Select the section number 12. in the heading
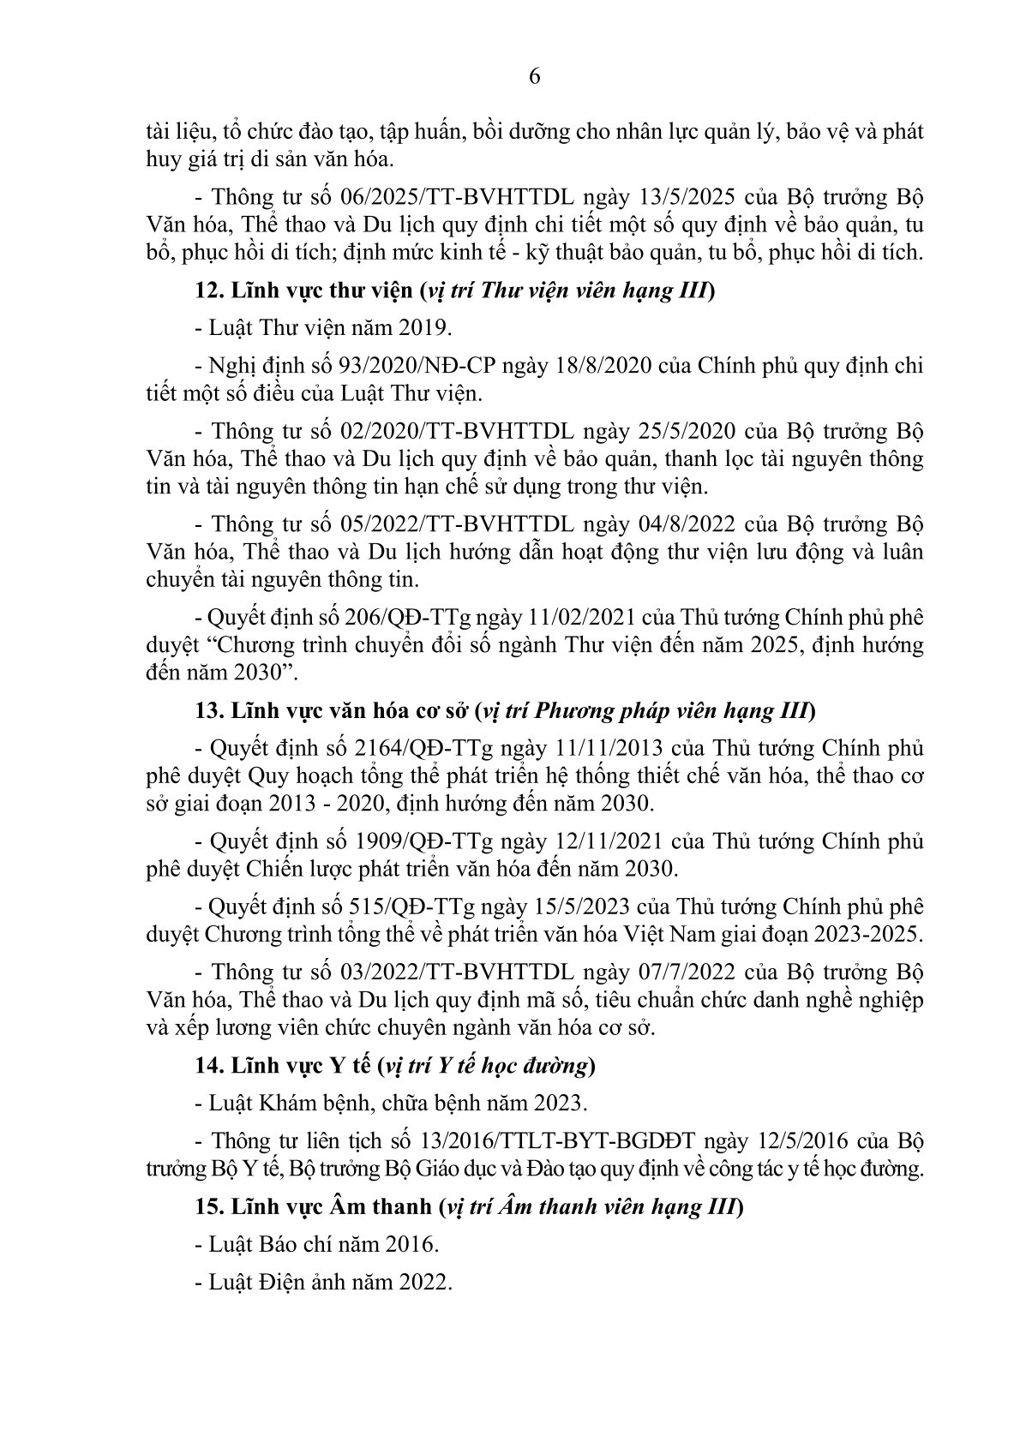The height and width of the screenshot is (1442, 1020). point(210,291)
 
